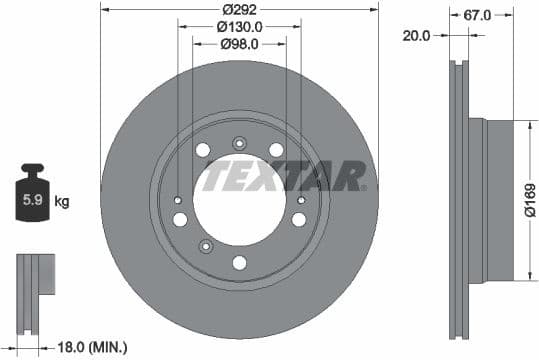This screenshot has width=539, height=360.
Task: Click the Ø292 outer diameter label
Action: (x=240, y=11)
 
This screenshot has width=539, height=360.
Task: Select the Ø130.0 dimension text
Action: (x=239, y=28)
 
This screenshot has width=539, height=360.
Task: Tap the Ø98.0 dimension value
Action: (x=239, y=44)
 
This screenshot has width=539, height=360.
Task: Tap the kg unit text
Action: (x=62, y=202)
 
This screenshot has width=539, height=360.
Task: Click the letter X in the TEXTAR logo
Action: (x=285, y=176)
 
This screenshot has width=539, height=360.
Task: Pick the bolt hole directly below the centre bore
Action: (x=239, y=263)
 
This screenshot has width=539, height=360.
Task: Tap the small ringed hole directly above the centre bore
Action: (x=239, y=143)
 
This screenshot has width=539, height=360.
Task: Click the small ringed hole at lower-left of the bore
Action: (x=206, y=246)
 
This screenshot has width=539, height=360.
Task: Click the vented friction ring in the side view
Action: (x=459, y=200)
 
